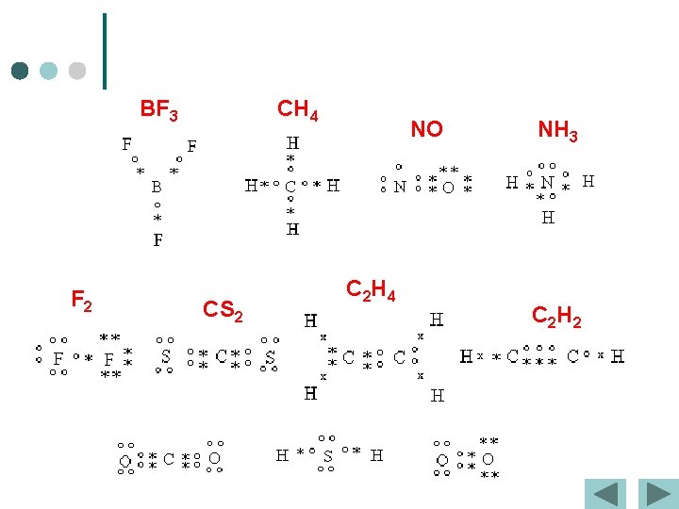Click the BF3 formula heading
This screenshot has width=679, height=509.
point(158,111)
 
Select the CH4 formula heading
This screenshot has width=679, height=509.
point(297,110)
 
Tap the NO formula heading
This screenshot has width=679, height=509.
point(426,129)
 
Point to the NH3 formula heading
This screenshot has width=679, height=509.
point(557,130)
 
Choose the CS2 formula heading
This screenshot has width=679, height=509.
point(224,309)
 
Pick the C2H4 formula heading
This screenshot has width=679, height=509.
point(371,290)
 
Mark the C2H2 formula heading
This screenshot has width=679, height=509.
point(556,317)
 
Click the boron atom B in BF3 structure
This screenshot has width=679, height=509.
point(157,187)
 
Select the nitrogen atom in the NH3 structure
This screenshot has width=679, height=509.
point(547,182)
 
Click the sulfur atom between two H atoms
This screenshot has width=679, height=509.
point(327,456)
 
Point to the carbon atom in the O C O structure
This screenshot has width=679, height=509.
point(168,460)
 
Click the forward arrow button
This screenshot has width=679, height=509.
point(656,494)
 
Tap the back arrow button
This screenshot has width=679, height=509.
point(605,494)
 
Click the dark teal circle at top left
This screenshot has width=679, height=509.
point(20,71)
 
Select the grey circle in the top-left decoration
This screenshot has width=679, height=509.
point(77,71)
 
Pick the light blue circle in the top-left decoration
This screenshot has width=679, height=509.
point(49,71)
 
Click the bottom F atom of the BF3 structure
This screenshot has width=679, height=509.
point(157,239)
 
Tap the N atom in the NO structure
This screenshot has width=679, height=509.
point(400,187)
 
